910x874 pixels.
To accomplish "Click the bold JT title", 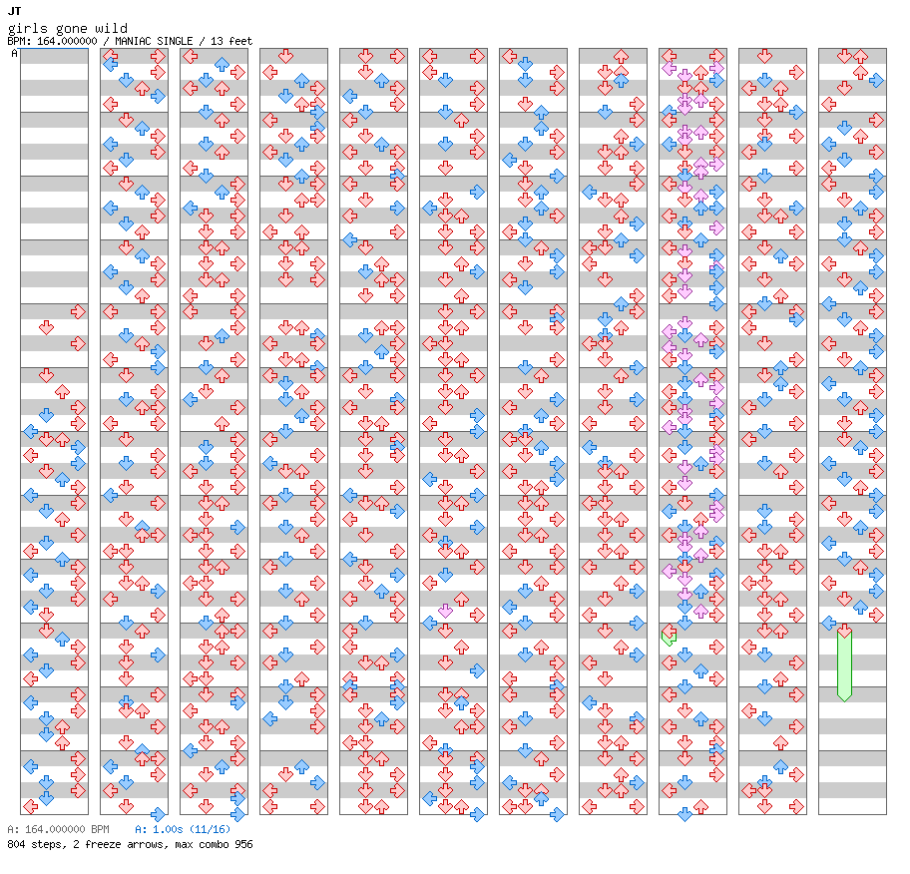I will (x=14, y=11).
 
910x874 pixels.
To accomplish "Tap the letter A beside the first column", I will (x=14, y=53).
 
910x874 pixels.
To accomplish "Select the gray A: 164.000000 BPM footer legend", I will (x=57, y=829).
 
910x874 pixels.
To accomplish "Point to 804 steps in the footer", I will (x=31, y=844).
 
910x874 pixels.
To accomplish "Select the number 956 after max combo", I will (x=242, y=844).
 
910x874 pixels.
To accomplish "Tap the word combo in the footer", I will (x=213, y=844).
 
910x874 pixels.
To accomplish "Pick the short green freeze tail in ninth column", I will (x=669, y=637).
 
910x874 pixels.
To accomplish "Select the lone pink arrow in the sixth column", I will (x=445, y=611).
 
